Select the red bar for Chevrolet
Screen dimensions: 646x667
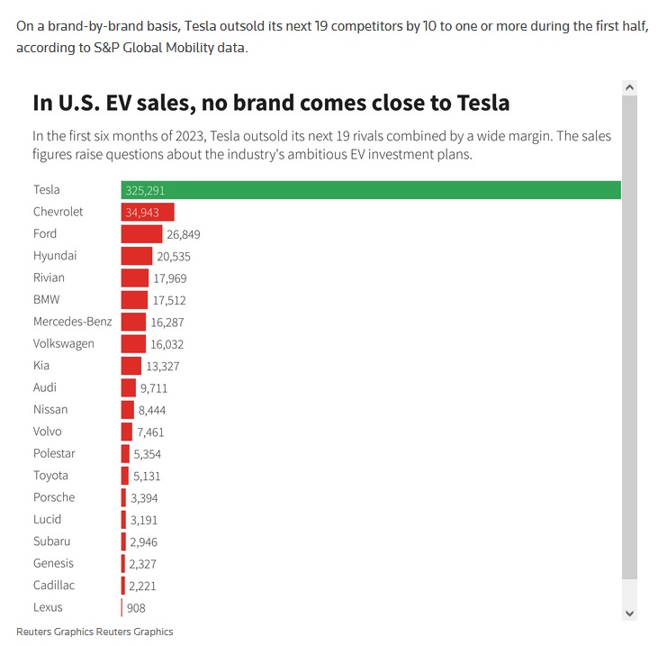click(148, 212)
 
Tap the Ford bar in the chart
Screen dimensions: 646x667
click(141, 234)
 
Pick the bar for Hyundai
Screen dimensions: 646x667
click(137, 256)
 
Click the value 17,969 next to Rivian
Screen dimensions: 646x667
click(170, 278)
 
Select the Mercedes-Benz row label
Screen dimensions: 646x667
click(73, 322)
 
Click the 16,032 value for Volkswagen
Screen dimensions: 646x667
click(168, 344)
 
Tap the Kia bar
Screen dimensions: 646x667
click(131, 366)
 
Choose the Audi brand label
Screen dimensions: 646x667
click(45, 387)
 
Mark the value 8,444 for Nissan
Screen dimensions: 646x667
click(152, 410)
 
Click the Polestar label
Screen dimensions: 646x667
click(54, 453)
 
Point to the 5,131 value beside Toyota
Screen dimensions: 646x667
click(148, 476)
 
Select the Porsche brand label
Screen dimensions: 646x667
click(54, 497)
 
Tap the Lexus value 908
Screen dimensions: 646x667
click(136, 608)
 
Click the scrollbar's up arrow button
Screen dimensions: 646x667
click(629, 87)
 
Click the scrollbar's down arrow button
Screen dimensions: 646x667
click(629, 612)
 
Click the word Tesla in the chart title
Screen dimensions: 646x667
click(481, 103)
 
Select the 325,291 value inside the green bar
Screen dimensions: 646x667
click(145, 191)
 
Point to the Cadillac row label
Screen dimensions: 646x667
click(55, 586)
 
